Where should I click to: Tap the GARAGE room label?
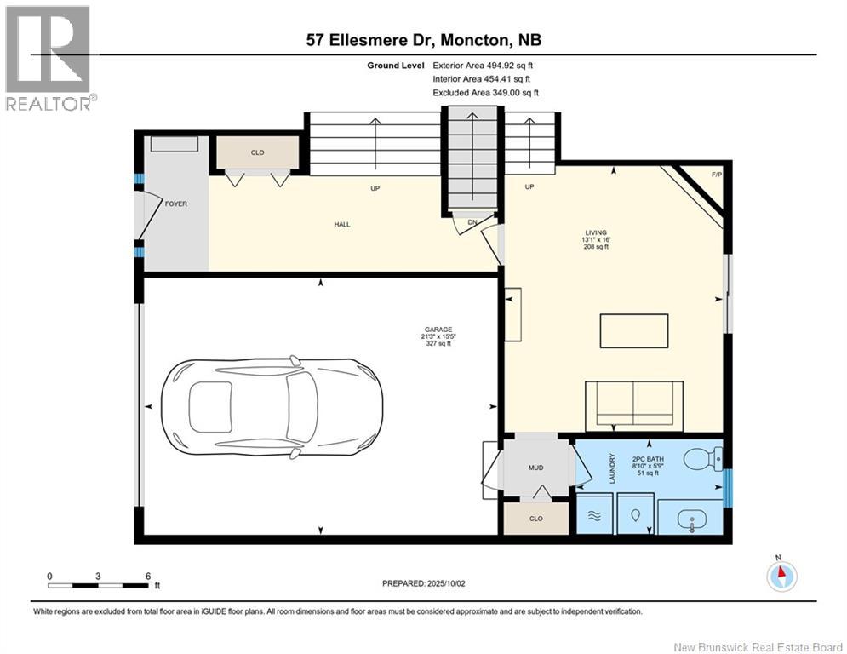[438, 330]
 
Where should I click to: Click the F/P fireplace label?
[716, 174]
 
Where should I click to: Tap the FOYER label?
[176, 204]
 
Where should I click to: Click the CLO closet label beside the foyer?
[257, 153]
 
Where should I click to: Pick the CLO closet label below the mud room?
[535, 519]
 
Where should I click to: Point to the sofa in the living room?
[634, 406]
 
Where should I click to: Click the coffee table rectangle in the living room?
[634, 330]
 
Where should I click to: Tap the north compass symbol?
[781, 576]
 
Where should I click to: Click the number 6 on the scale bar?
[147, 576]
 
